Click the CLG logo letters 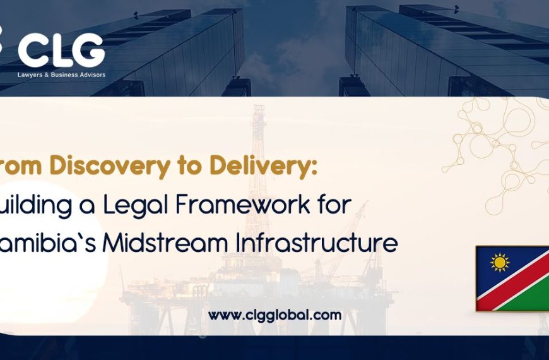[61, 50]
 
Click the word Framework [245, 206]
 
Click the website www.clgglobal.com [274, 315]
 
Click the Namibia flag [512, 278]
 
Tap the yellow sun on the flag [499, 261]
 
